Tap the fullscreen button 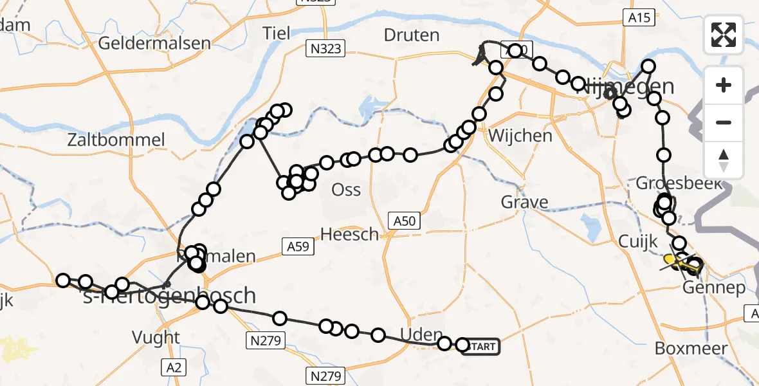click(x=724, y=35)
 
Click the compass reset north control click(x=724, y=161)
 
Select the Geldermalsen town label click(x=155, y=44)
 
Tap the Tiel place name click(x=277, y=33)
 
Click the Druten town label click(x=411, y=35)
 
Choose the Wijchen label click(x=520, y=136)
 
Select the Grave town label click(x=525, y=203)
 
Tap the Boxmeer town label click(x=691, y=349)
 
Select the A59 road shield click(x=298, y=244)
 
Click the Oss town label click(x=345, y=190)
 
